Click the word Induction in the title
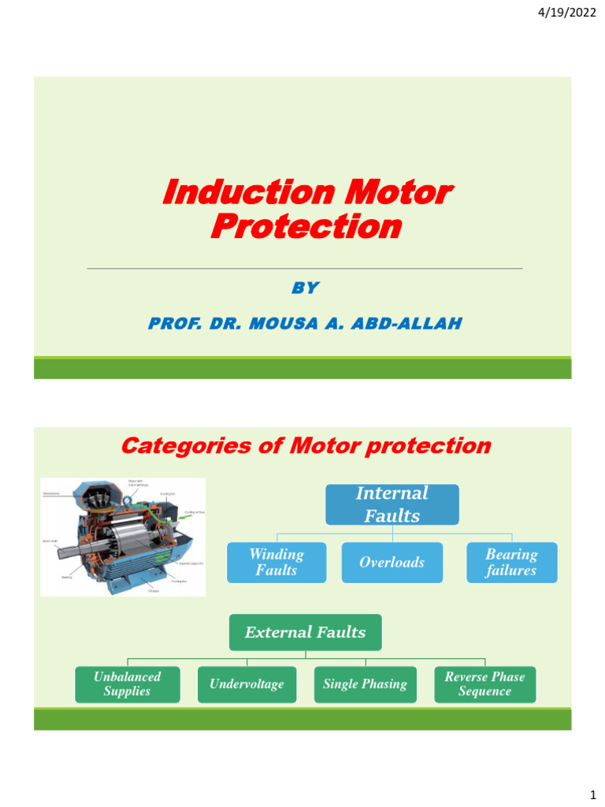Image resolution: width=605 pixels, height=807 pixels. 239,192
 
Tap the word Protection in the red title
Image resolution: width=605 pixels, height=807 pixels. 306,227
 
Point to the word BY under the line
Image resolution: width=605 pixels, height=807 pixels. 305,288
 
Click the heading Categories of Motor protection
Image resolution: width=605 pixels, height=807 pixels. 305,446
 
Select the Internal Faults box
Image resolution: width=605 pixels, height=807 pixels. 392,504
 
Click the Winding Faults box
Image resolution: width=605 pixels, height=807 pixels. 276,562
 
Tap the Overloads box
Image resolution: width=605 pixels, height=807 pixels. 392,562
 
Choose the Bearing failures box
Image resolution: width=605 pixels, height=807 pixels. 511,562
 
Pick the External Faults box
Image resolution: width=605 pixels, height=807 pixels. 305,632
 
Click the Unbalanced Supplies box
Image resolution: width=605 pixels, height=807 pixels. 127,684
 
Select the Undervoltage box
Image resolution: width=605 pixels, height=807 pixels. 247,684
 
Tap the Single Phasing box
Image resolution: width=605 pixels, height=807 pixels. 365,684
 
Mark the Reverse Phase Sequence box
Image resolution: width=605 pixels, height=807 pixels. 484,684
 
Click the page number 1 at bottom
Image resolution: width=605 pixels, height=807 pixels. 592,790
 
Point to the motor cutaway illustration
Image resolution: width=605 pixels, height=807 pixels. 122,536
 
